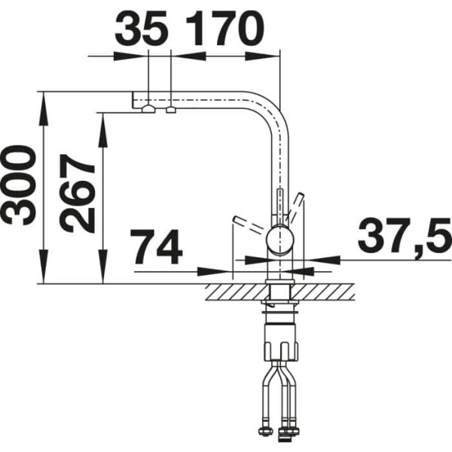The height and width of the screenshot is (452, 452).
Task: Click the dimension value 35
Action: [x=142, y=29]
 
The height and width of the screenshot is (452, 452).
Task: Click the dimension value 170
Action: [x=224, y=29]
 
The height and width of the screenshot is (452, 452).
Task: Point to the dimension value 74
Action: [x=157, y=247]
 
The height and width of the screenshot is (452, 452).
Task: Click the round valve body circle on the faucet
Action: [x=280, y=240]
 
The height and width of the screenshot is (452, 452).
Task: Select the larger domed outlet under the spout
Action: [x=148, y=109]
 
